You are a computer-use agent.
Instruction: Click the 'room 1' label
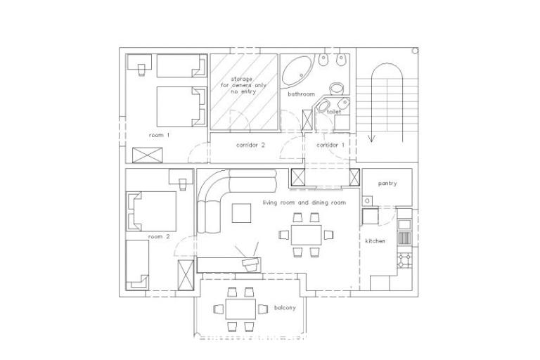pos(159,134)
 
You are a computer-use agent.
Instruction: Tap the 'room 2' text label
pos(159,237)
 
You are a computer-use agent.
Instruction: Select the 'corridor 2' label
pos(250,146)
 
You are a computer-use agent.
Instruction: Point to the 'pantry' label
pos(387,184)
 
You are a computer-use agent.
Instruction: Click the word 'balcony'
pos(285,308)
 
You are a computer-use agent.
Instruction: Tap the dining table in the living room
pos(307,233)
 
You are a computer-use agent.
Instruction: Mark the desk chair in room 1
pos(141,68)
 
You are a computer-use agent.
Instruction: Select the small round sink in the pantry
pos(367,202)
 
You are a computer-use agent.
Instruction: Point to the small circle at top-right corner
pos(415,51)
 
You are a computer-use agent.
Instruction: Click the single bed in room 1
pos(179,66)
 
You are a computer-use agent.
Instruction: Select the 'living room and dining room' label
pos(304,202)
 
